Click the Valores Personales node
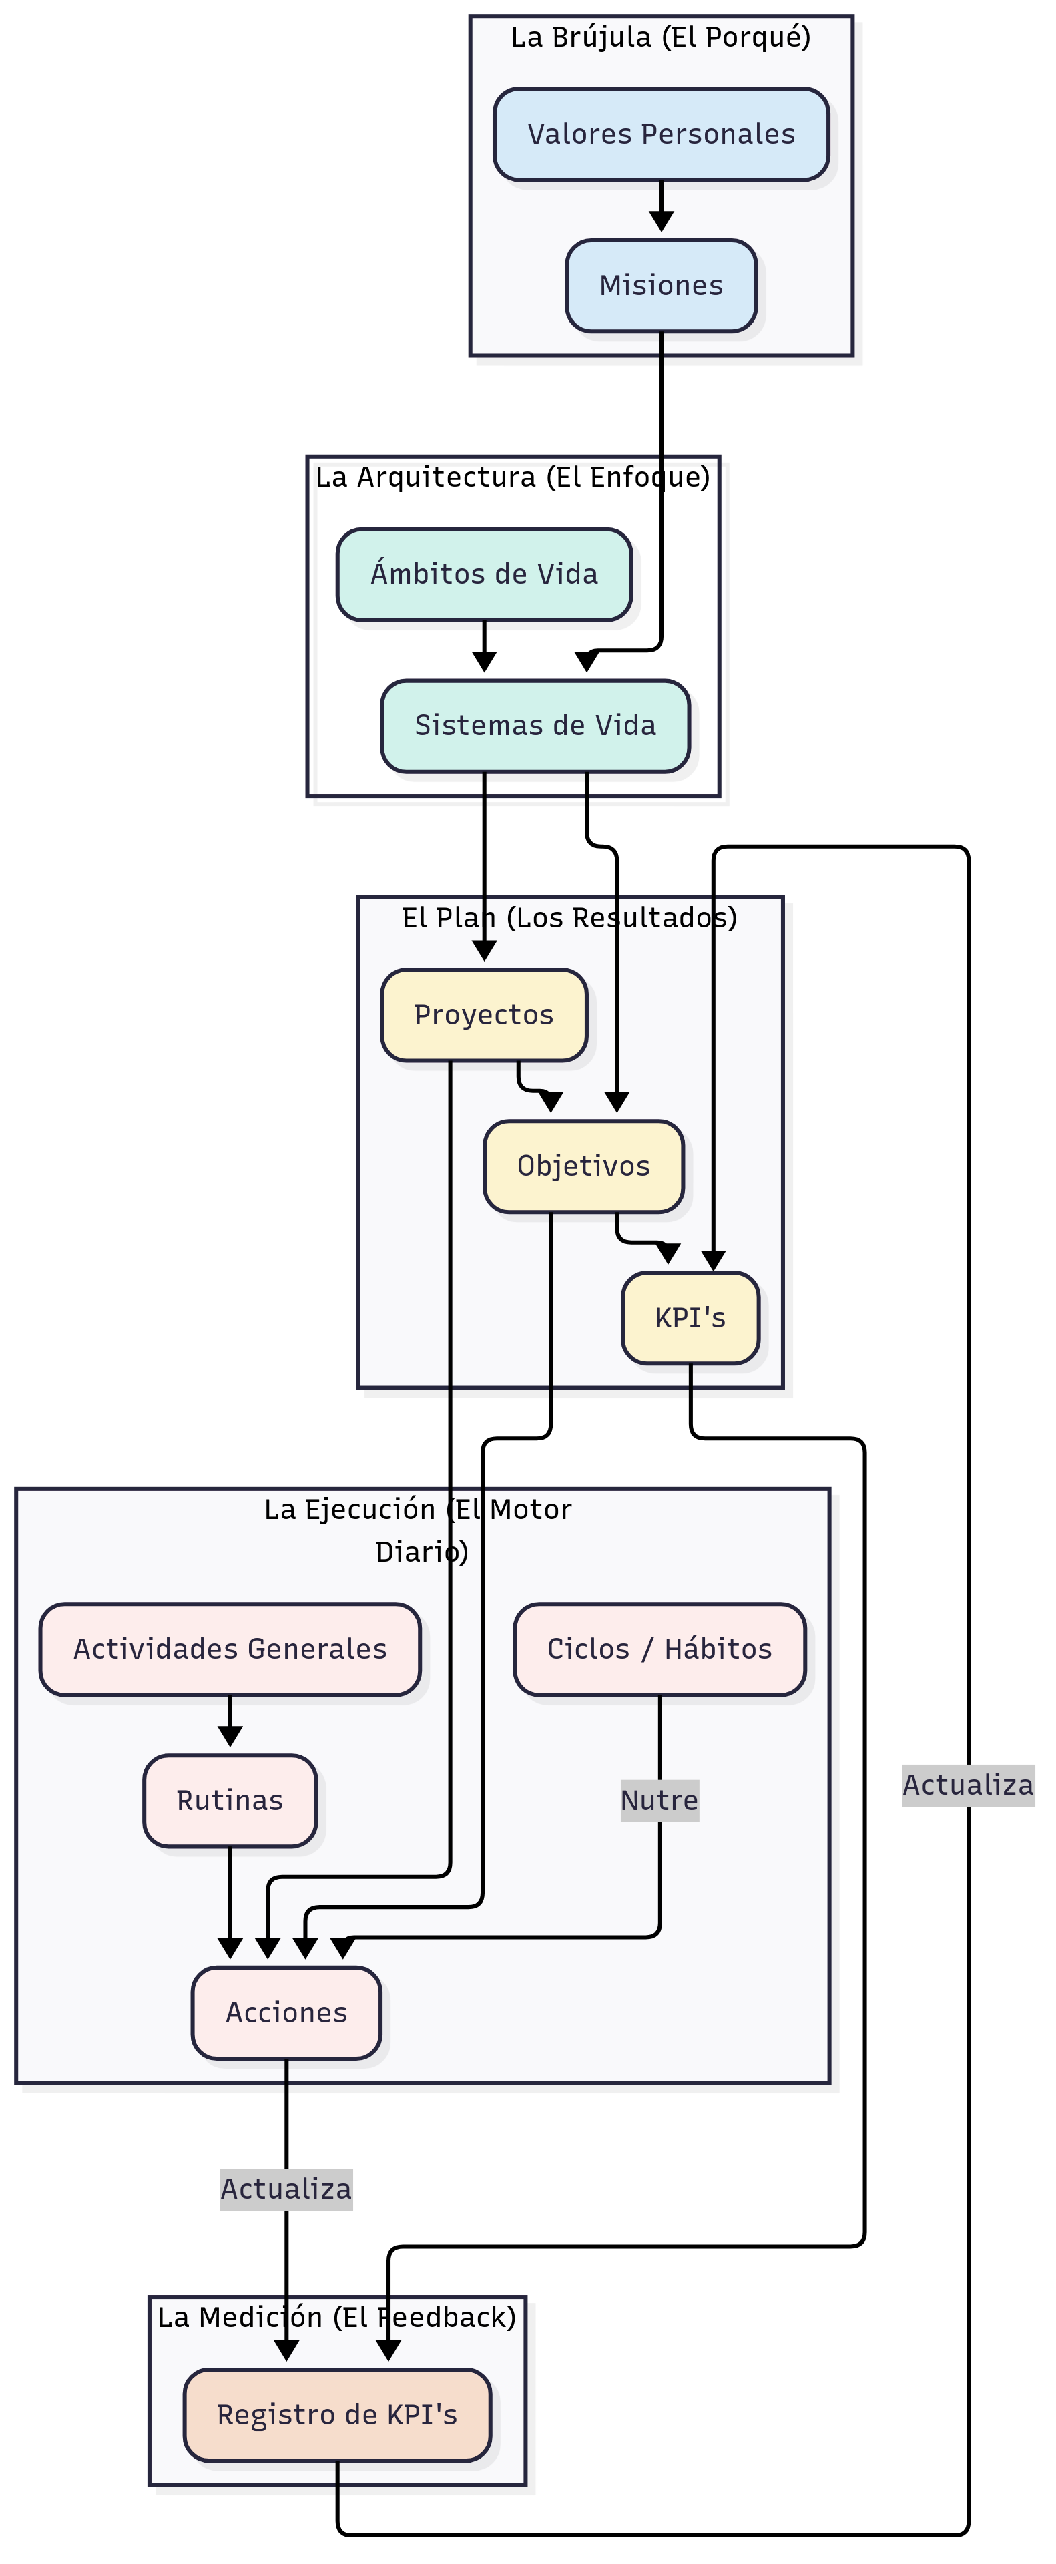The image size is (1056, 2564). [661, 134]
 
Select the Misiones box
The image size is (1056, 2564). [661, 286]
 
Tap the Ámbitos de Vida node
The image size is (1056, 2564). [484, 574]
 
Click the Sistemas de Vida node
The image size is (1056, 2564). [535, 726]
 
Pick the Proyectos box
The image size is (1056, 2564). [484, 1014]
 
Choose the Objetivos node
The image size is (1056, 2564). [583, 1166]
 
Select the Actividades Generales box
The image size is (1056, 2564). [230, 1649]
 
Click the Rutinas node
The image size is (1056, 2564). [230, 1801]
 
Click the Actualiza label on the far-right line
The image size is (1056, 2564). [967, 1785]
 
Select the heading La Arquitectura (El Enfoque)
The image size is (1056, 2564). [513, 478]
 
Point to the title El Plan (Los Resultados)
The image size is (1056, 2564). [569, 917]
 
